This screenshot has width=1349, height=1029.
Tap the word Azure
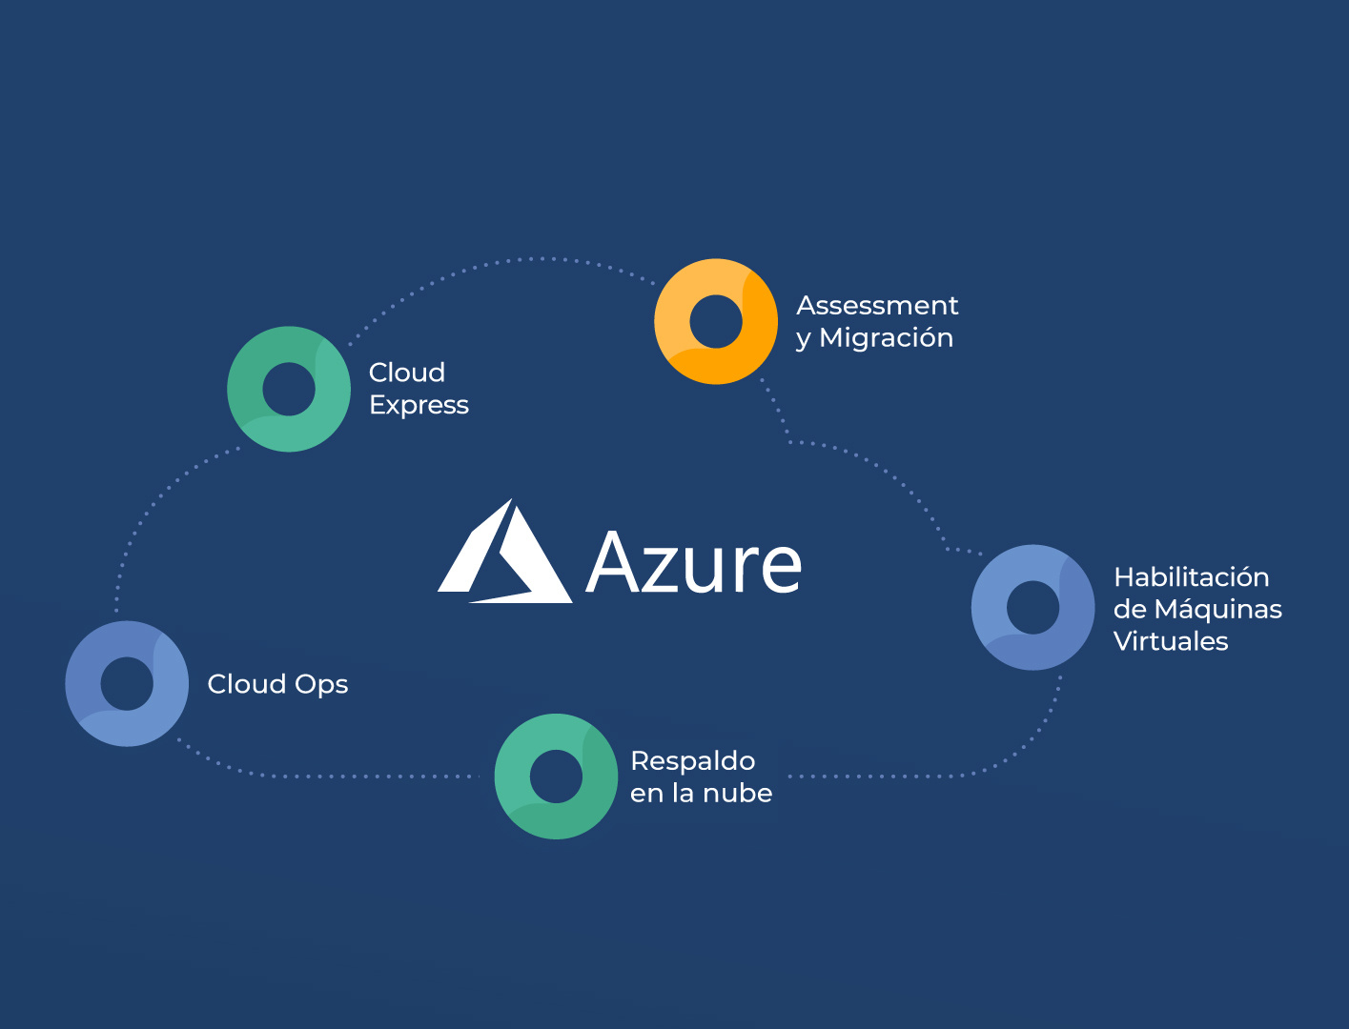pyautogui.click(x=694, y=563)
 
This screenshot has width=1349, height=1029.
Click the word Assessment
pyautogui.click(x=877, y=306)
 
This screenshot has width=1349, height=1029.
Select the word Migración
pyautogui.click(x=886, y=338)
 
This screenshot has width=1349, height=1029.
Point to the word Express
pyautogui.click(x=419, y=406)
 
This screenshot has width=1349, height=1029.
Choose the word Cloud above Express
pyautogui.click(x=407, y=373)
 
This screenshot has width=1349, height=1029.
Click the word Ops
pyautogui.click(x=321, y=685)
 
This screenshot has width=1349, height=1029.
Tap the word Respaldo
pyautogui.click(x=693, y=761)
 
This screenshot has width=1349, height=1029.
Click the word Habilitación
pyautogui.click(x=1192, y=577)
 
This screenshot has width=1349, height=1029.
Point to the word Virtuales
pyautogui.click(x=1171, y=641)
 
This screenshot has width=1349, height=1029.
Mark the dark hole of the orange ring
pyautogui.click(x=716, y=321)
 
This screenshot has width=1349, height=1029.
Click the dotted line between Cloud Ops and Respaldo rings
pyautogui.click(x=334, y=777)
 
